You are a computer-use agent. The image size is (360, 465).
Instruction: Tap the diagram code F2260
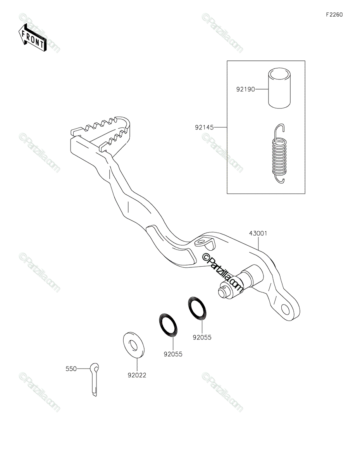pos(334,15)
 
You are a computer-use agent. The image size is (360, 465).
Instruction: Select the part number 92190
pos(246,89)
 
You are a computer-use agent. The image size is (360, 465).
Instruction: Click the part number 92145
pos(204,127)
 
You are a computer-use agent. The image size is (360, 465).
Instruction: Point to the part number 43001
pos(258,233)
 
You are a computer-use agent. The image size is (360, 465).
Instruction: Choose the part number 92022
pos(137,375)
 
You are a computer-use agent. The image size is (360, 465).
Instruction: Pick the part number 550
pos(71,369)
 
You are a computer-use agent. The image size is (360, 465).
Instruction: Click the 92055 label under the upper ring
pos(202,337)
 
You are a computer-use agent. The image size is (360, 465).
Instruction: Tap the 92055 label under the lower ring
pos(173,354)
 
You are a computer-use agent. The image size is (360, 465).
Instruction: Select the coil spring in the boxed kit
pos(279,154)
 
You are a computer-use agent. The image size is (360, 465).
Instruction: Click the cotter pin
pos(95,380)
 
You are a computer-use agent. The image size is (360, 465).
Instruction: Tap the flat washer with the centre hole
pos(134,345)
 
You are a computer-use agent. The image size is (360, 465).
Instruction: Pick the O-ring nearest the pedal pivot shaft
pos(197,308)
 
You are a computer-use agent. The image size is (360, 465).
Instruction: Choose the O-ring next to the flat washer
pos(168,325)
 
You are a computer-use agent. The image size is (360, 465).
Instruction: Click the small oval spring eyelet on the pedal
pos(201,242)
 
